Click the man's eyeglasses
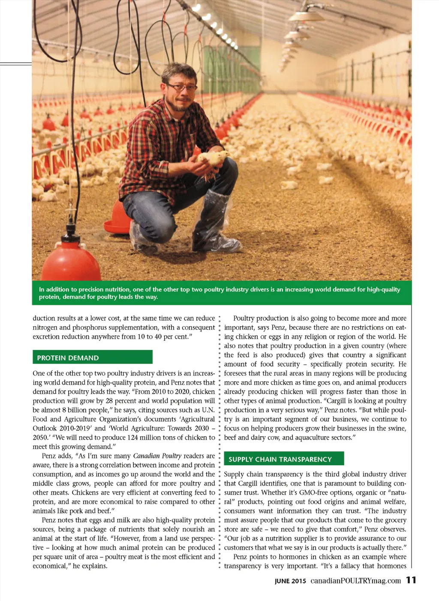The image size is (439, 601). point(181,88)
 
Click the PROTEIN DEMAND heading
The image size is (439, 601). point(68,358)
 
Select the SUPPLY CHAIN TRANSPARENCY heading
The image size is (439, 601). point(280,459)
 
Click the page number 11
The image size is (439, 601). point(411,580)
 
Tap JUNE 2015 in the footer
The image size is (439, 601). point(290,581)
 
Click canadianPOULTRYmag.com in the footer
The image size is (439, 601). point(355,581)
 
